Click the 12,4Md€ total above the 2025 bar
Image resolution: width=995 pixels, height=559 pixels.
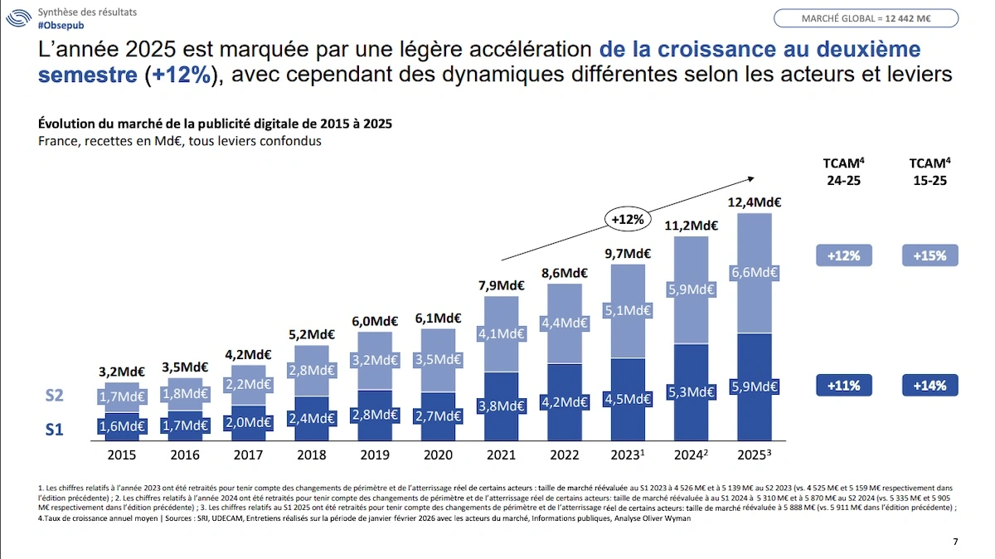tap(754, 202)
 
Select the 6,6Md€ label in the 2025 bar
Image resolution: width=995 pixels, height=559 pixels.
tap(754, 273)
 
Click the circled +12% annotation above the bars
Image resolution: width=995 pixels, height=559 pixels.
tap(627, 220)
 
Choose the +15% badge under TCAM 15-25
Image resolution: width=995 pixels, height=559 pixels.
tap(929, 255)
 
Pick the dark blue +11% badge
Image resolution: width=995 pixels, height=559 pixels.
tap(843, 385)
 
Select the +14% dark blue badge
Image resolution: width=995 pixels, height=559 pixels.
tap(929, 385)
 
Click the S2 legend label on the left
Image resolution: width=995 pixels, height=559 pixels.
tap(54, 396)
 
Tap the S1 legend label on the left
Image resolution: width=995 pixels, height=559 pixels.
tap(54, 429)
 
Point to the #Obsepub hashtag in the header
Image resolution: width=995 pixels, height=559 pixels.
tap(61, 26)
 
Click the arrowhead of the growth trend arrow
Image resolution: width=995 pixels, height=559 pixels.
tap(751, 177)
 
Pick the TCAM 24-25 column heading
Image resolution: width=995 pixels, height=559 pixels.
tap(842, 171)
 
